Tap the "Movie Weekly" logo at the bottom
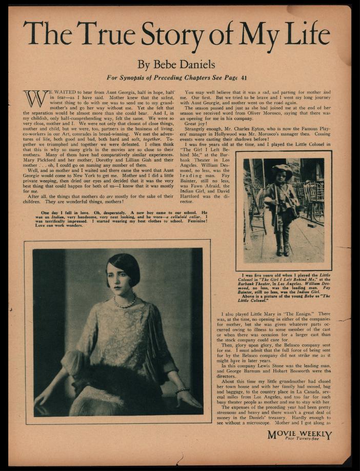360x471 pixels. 299,434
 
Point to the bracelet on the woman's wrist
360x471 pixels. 182,390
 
